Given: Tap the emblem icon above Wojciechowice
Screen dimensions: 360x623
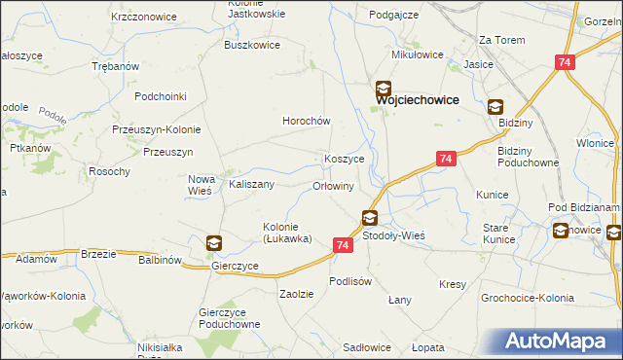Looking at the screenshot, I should coord(385,88).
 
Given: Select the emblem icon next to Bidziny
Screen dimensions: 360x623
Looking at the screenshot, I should coord(495,108).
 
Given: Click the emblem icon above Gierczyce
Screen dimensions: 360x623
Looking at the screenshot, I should coord(214,242).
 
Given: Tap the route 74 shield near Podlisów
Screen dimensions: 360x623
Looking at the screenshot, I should coord(342,246).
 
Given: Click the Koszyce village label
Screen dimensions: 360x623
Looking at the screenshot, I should coord(344,159).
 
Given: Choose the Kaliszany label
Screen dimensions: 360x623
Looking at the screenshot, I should coord(251,183).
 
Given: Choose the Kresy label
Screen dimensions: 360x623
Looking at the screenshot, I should coord(453,284).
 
